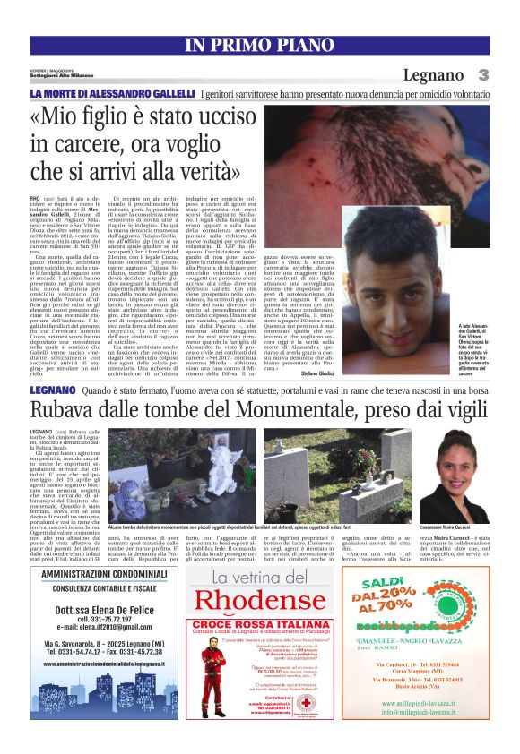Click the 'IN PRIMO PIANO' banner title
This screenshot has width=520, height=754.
point(259,46)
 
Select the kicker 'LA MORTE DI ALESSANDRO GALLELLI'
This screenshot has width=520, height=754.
point(112,94)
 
